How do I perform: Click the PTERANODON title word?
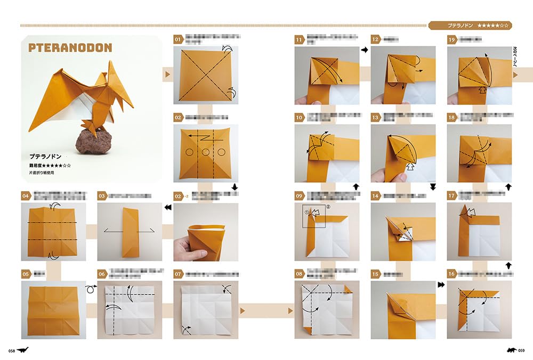tap(70, 48)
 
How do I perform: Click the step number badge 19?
tap(452, 39)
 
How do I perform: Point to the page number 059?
tap(521, 350)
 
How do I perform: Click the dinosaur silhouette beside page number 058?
tap(23, 350)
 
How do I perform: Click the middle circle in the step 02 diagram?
tap(206, 152)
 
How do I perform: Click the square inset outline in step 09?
tap(312, 216)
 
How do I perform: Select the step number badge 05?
tap(26, 274)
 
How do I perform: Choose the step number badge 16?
tap(452, 274)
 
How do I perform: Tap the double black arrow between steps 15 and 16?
tap(440, 285)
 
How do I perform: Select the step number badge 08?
tap(299, 274)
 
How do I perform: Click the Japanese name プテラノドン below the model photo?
tap(45, 157)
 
